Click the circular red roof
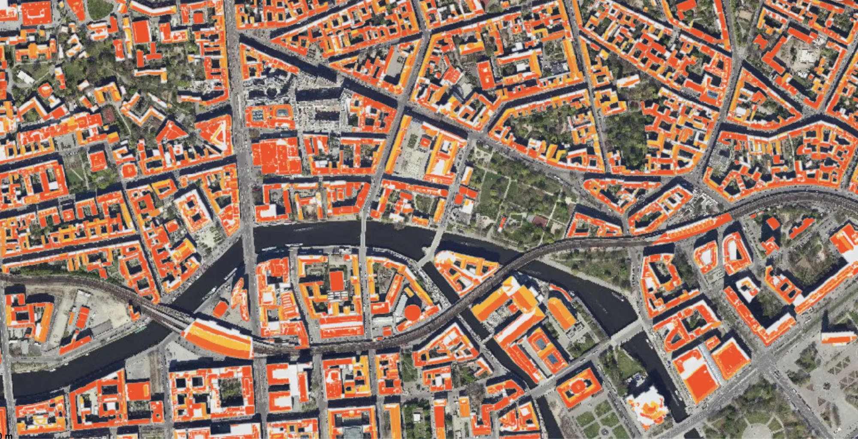412,312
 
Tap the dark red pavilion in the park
539,221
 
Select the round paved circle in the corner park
757,429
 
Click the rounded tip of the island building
442,257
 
